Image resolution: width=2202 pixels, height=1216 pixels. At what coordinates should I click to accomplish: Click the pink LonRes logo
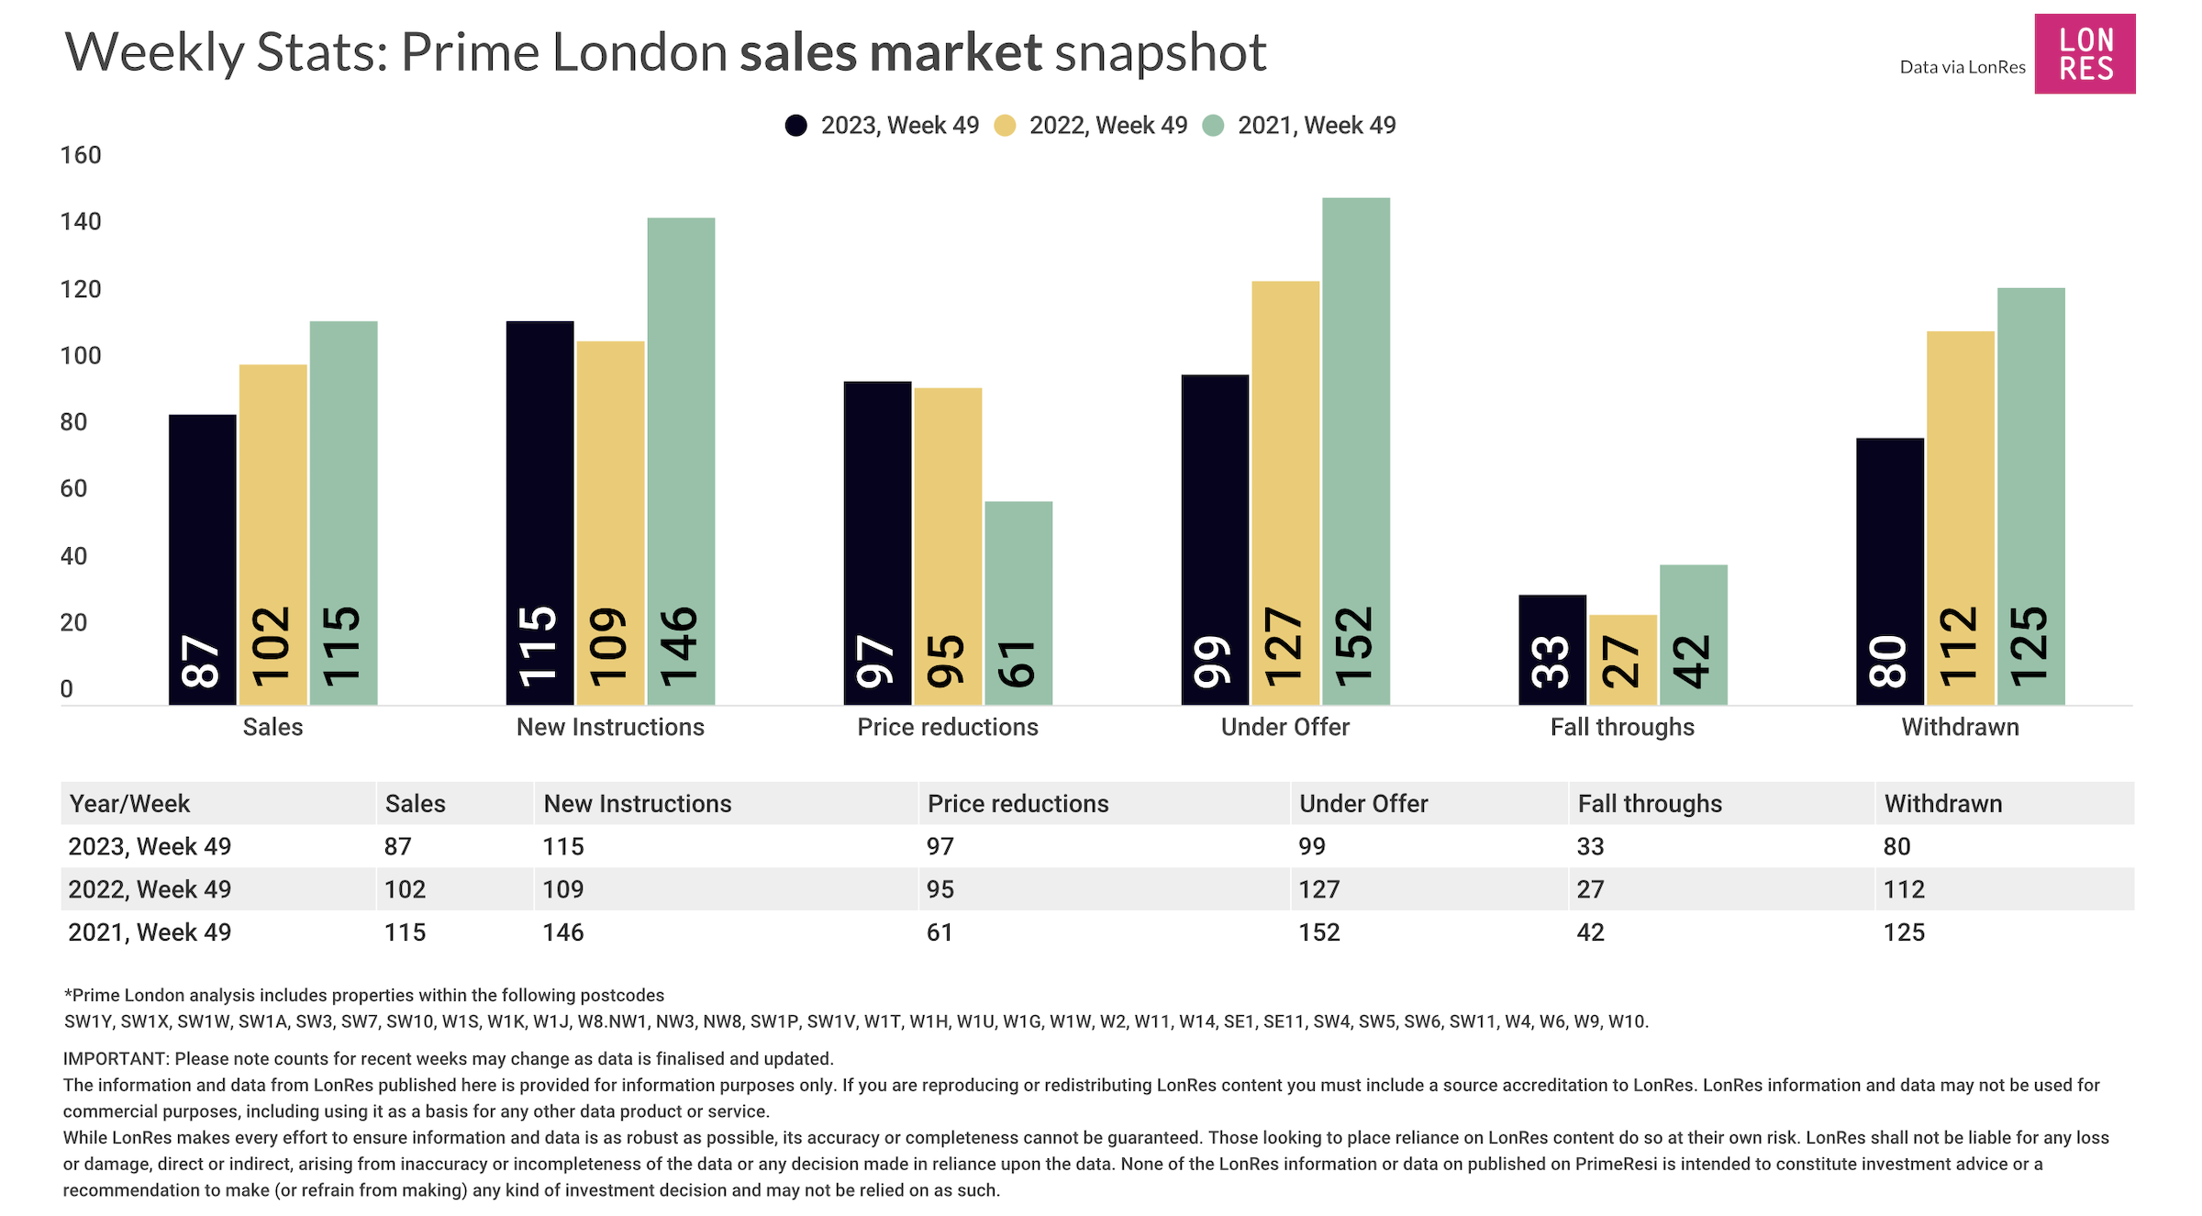pyautogui.click(x=2085, y=54)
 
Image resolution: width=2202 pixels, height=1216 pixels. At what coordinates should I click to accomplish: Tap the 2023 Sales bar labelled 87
pyautogui.click(x=202, y=560)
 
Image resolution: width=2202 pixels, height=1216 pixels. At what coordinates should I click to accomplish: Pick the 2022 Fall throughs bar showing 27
pyautogui.click(x=1622, y=659)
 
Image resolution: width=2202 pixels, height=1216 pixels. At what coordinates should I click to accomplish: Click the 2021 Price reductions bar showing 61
pyautogui.click(x=1018, y=603)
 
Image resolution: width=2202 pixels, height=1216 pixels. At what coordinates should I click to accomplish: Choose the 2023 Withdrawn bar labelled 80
pyautogui.click(x=1889, y=571)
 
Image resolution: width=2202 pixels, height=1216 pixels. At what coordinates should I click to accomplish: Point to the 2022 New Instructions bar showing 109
pyautogui.click(x=610, y=523)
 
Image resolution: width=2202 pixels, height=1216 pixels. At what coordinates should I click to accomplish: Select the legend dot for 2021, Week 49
pyautogui.click(x=1213, y=126)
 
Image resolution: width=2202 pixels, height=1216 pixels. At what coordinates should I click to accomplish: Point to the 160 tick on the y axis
pyautogui.click(x=81, y=155)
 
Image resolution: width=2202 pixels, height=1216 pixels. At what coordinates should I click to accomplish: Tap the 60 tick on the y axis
pyautogui.click(x=73, y=488)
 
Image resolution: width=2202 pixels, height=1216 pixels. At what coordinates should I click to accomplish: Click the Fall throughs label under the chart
pyautogui.click(x=1622, y=727)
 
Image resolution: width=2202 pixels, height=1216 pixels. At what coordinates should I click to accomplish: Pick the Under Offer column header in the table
pyautogui.click(x=1363, y=804)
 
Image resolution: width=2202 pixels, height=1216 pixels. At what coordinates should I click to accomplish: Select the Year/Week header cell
pyautogui.click(x=129, y=804)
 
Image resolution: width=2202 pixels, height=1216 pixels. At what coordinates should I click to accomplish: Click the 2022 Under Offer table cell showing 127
pyautogui.click(x=1319, y=889)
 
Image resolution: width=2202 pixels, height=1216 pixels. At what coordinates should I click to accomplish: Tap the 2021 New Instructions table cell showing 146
pyautogui.click(x=563, y=932)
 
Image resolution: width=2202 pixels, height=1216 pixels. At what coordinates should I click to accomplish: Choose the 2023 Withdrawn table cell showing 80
pyautogui.click(x=1896, y=846)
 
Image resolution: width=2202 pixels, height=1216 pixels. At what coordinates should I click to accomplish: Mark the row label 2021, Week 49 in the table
pyautogui.click(x=150, y=932)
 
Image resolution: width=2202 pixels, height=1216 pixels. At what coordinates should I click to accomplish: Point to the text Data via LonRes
pyautogui.click(x=1962, y=67)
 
